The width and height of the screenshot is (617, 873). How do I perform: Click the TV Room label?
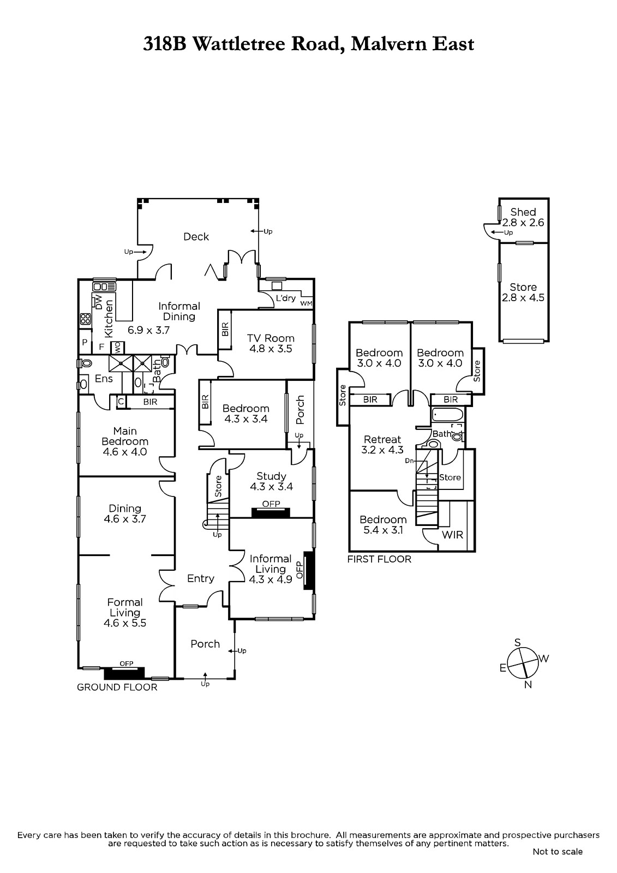271,338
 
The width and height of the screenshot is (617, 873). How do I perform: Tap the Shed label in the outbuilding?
523,212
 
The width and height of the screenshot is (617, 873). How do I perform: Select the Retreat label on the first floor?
382,439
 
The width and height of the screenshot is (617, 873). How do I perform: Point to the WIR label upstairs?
452,535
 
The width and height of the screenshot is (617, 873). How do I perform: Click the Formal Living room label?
125,607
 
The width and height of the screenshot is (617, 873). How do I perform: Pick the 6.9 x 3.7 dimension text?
148,330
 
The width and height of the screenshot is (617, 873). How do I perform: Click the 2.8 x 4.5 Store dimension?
523,298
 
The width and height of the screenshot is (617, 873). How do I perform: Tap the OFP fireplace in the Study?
271,512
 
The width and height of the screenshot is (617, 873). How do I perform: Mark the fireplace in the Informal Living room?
309,570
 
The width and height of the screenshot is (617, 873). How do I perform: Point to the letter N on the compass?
528,685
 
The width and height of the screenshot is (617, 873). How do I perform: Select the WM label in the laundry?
307,303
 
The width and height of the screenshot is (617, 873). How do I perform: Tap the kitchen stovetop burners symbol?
85,319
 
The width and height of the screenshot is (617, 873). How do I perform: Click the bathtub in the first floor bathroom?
447,415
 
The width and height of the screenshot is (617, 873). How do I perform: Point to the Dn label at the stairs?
409,461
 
